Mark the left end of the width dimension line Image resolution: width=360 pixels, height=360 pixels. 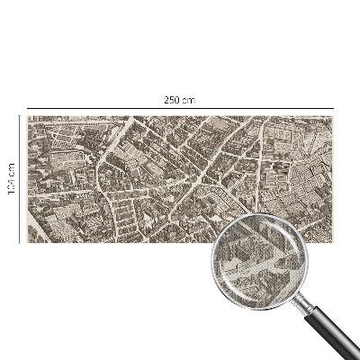28,108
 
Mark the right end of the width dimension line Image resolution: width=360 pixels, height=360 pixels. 333,108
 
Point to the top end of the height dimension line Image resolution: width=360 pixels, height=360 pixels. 19,116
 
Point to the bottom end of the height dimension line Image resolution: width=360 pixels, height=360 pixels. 19,243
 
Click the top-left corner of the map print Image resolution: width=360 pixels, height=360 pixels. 28,116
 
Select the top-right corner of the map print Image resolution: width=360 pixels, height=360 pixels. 333,116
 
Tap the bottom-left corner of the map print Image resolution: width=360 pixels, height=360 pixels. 28,243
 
